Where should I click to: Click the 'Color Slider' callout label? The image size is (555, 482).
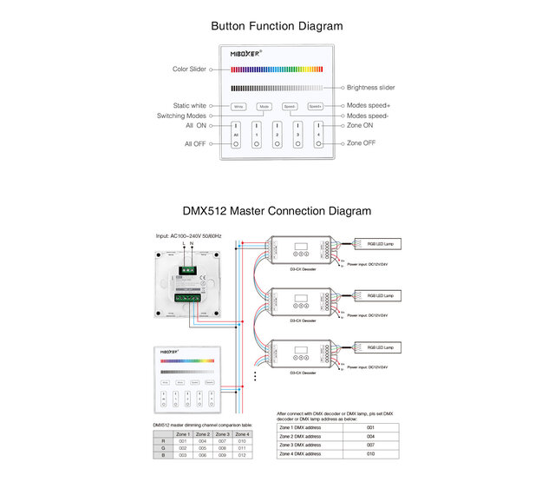tap(188, 69)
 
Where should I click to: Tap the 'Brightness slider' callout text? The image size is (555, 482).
tap(370, 88)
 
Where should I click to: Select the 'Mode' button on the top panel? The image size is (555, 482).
tap(264, 107)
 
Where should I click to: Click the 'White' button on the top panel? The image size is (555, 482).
tap(238, 107)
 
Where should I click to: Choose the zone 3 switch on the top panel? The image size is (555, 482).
tap(297, 134)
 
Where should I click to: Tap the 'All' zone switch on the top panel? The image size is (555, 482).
tap(236, 134)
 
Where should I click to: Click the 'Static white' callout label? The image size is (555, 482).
tap(189, 106)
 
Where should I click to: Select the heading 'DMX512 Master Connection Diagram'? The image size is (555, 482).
tap(277, 211)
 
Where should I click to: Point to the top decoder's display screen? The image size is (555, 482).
tap(301, 244)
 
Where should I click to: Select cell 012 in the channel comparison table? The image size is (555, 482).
tap(242, 454)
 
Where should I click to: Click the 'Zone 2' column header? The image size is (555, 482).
tap(203, 433)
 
